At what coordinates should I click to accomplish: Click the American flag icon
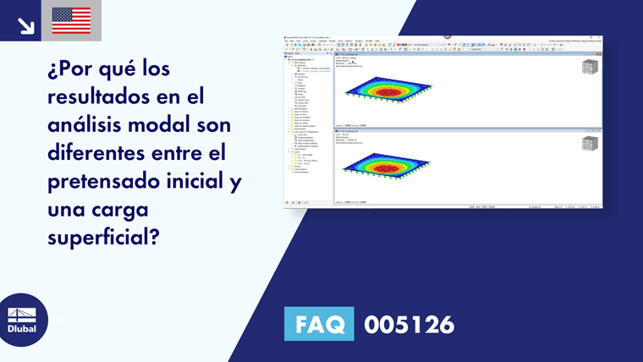point(71,20)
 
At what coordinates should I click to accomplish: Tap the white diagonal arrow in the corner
point(25,25)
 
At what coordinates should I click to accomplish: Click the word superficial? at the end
point(104,238)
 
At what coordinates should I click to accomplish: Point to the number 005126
point(409,324)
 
